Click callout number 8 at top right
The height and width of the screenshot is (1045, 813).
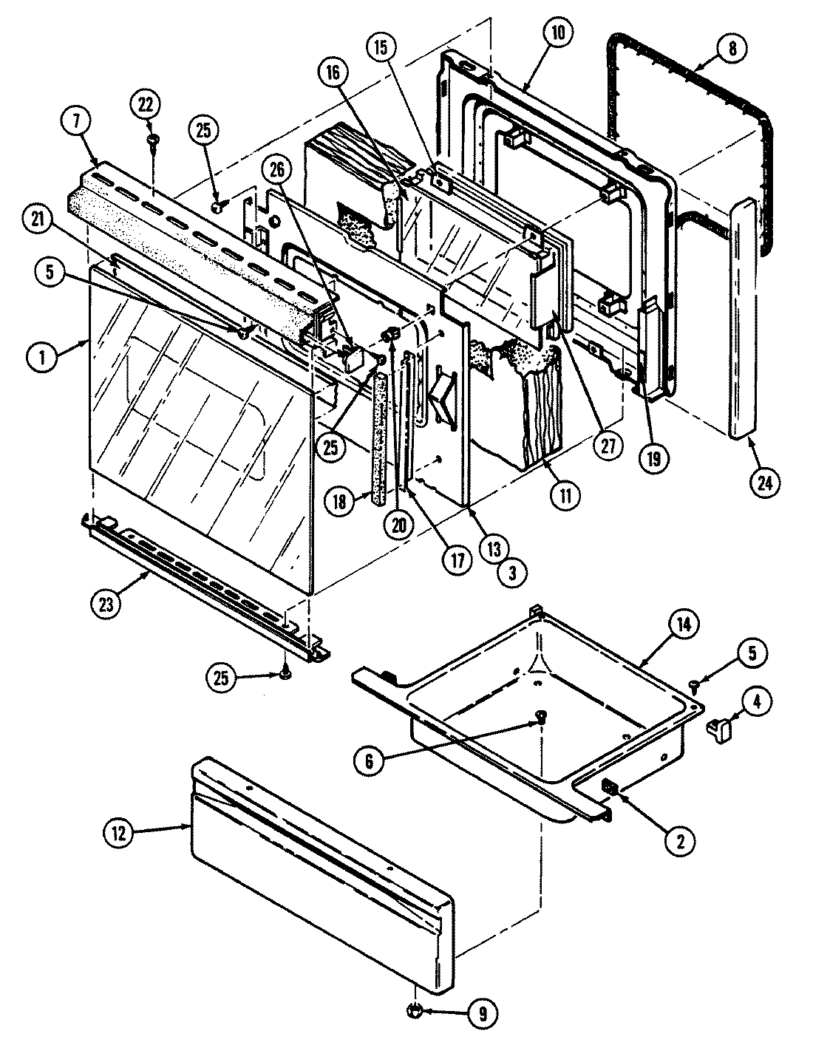731,49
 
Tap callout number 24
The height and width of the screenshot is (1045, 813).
763,482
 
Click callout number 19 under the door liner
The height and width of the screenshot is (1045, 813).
653,457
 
